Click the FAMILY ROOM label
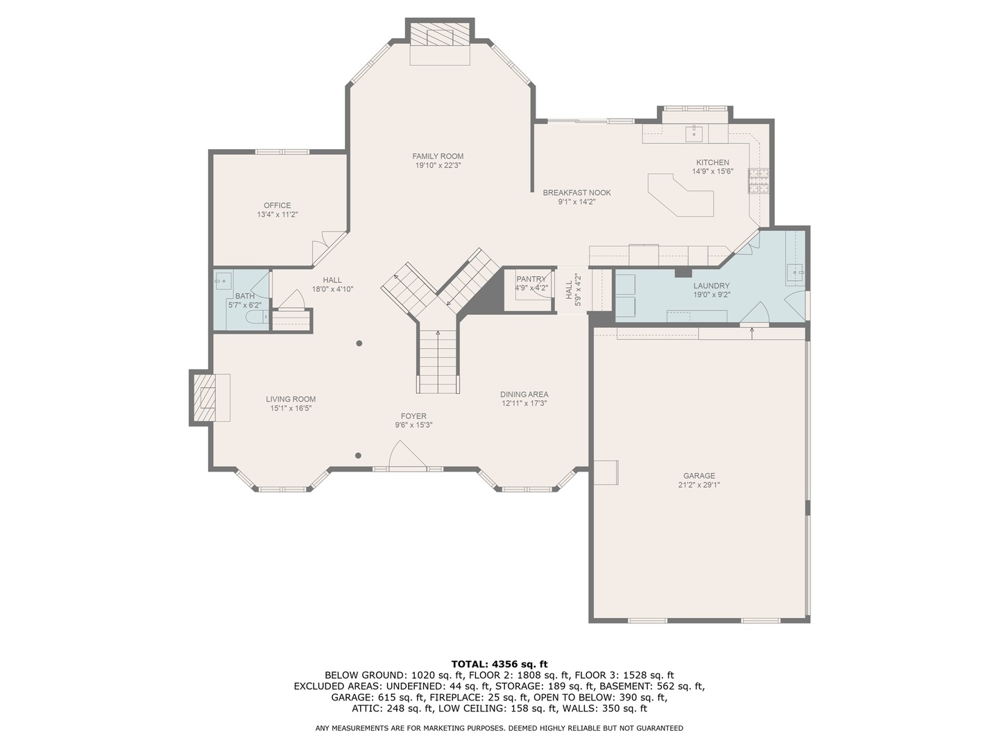tap(438, 156)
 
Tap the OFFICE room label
tap(277, 205)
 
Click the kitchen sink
tap(694, 132)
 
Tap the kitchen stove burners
tap(758, 181)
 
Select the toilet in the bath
tap(257, 318)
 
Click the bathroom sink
tap(223, 282)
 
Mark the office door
tap(327, 248)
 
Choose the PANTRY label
tap(531, 279)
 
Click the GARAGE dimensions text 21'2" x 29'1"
tap(699, 485)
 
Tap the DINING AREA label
tap(524, 394)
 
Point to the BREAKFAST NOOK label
tap(577, 193)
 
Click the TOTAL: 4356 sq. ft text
tap(499, 664)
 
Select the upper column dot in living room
tap(359, 343)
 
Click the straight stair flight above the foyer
tap(438, 361)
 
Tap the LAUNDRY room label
tap(711, 286)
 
